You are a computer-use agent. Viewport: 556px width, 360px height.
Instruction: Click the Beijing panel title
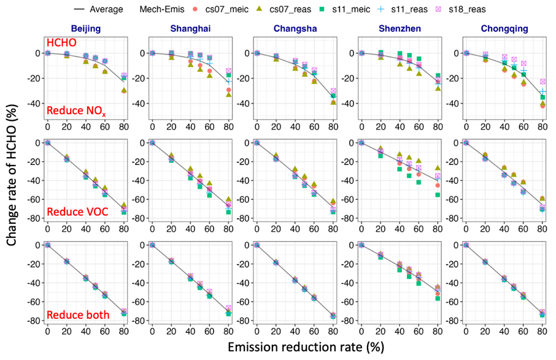pyautogui.click(x=86, y=29)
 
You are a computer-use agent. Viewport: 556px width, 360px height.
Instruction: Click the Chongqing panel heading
pyautogui.click(x=504, y=29)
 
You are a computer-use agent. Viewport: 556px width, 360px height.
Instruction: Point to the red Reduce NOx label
pyautogui.click(x=72, y=111)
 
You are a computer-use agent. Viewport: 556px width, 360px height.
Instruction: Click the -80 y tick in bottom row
pyautogui.click(x=34, y=321)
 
